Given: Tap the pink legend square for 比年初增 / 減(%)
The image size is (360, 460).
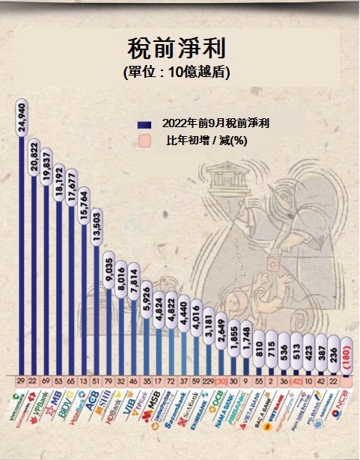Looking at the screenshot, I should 143,142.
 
